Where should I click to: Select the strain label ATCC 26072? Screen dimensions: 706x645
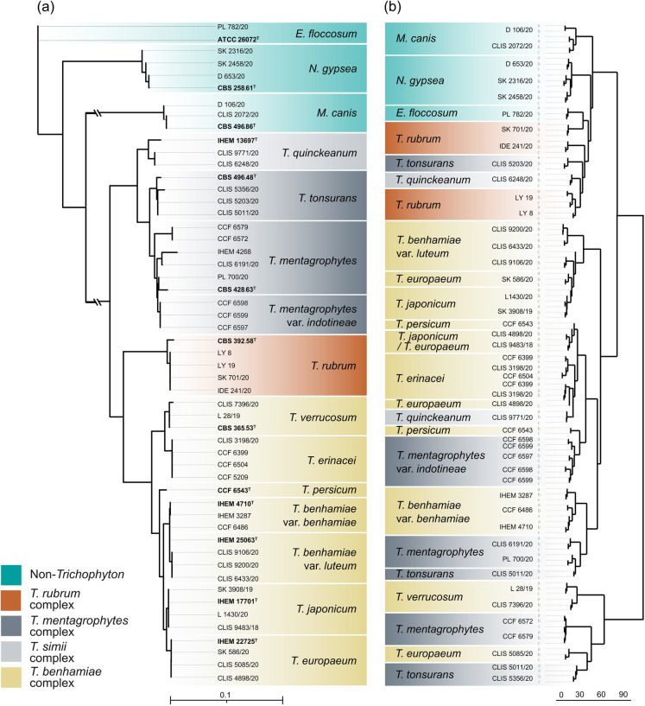[236, 39]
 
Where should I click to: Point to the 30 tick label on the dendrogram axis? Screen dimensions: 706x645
[579, 694]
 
